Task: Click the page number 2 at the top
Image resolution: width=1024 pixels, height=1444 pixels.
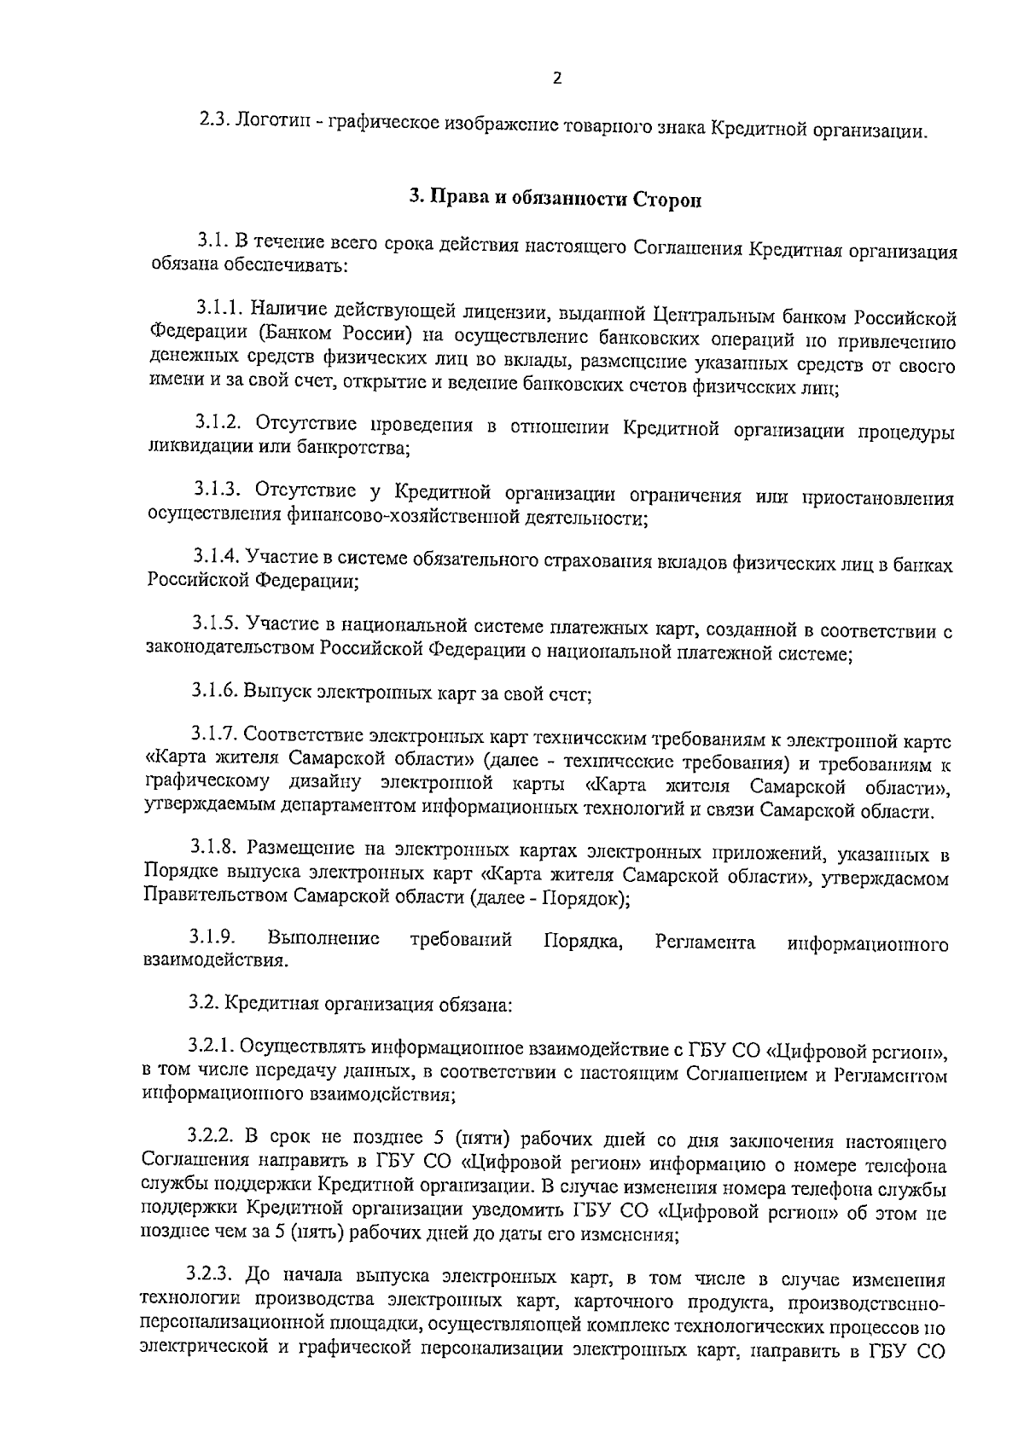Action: point(557,78)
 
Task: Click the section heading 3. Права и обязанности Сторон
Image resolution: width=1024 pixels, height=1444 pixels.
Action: point(556,198)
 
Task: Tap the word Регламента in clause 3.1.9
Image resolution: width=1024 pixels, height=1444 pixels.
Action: point(705,943)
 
